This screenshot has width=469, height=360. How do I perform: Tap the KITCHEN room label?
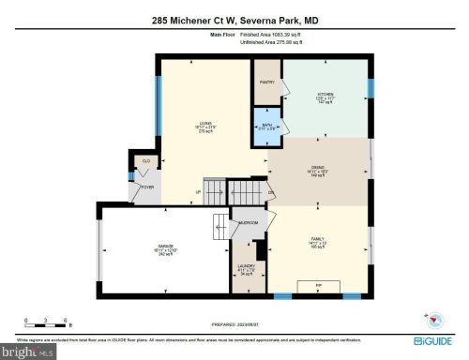point(325,96)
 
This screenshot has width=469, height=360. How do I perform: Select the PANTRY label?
point(266,82)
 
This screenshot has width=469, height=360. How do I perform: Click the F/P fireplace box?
point(318,283)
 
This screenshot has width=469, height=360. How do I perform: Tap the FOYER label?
point(147,187)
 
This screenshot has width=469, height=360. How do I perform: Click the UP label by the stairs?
point(197,193)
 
